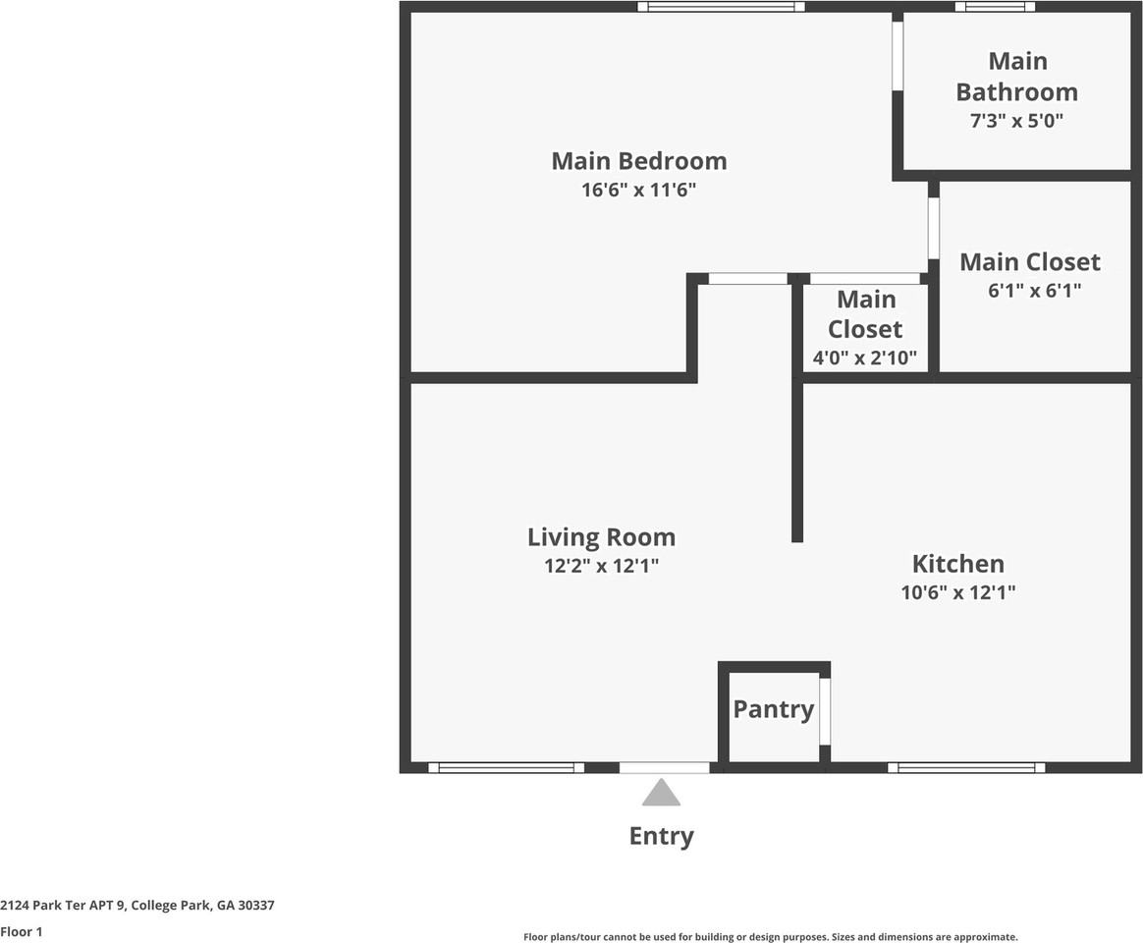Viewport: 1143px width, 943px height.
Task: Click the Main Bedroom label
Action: point(639,161)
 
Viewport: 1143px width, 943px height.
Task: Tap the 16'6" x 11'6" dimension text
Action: point(638,191)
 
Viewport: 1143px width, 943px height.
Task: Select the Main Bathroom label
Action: point(1017,77)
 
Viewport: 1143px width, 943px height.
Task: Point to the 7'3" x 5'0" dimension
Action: point(1017,121)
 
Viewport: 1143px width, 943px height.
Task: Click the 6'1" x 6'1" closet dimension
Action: point(1034,290)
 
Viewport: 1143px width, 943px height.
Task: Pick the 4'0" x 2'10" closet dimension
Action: point(865,359)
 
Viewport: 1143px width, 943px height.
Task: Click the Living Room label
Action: point(601,537)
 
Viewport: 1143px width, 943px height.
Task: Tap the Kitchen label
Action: point(957,564)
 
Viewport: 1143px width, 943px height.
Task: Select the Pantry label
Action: point(774,709)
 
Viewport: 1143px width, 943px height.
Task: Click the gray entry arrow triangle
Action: point(661,793)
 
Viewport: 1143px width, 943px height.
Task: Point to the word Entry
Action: point(661,836)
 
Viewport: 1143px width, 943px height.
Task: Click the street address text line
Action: point(137,906)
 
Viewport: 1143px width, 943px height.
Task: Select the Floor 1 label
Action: point(22,932)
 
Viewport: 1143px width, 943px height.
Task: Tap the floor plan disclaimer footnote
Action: point(771,937)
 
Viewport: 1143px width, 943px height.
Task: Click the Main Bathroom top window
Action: point(995,7)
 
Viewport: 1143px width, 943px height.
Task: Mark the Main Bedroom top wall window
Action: point(721,7)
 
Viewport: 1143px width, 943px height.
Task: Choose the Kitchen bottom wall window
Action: point(966,767)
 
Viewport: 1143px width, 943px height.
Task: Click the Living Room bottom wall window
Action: point(506,767)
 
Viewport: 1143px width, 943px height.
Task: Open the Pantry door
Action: point(825,711)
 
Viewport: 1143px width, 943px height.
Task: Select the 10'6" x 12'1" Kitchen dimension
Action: point(957,592)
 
